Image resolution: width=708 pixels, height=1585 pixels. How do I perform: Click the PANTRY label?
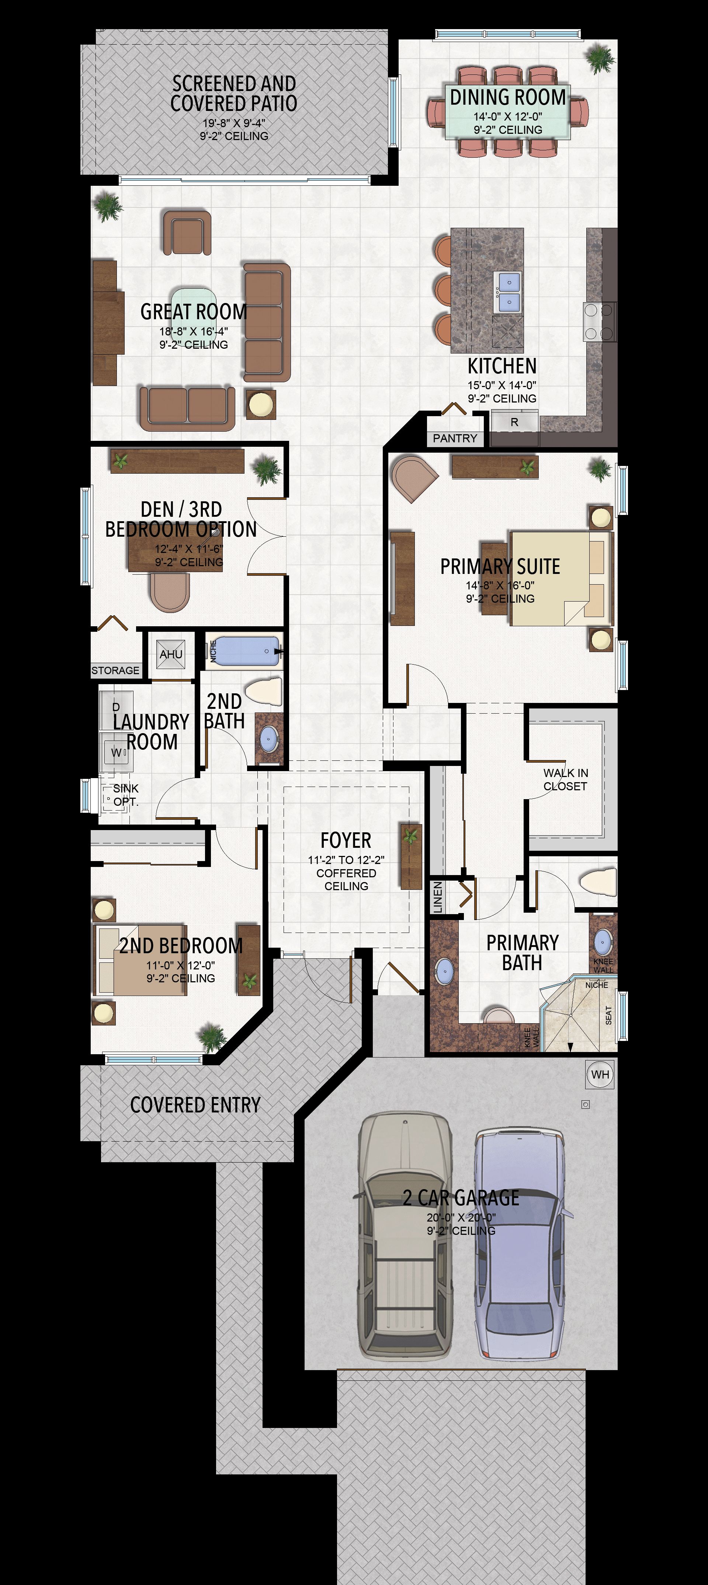455,438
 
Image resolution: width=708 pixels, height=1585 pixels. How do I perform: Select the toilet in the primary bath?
598,882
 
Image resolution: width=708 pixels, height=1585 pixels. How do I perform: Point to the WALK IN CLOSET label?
565,780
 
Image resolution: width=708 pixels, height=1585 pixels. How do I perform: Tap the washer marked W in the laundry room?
117,752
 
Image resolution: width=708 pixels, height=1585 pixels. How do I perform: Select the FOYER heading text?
346,840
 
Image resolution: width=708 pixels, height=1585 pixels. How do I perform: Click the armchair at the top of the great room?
187,233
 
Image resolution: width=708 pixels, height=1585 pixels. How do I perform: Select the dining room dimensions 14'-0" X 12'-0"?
508,116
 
